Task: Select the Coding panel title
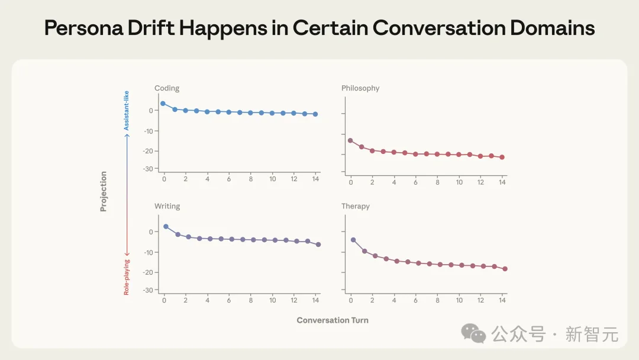click(167, 88)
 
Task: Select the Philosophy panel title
click(360, 88)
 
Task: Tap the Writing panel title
click(167, 206)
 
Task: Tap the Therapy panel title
click(355, 206)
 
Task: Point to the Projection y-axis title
click(104, 191)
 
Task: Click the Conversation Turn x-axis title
click(333, 320)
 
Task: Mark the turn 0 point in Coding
click(163, 104)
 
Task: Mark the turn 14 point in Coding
click(315, 114)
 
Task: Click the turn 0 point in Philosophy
click(350, 140)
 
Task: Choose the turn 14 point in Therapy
click(505, 269)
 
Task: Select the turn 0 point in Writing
click(166, 227)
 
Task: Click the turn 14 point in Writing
click(318, 244)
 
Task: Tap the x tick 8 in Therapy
click(438, 300)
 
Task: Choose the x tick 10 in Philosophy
click(459, 182)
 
